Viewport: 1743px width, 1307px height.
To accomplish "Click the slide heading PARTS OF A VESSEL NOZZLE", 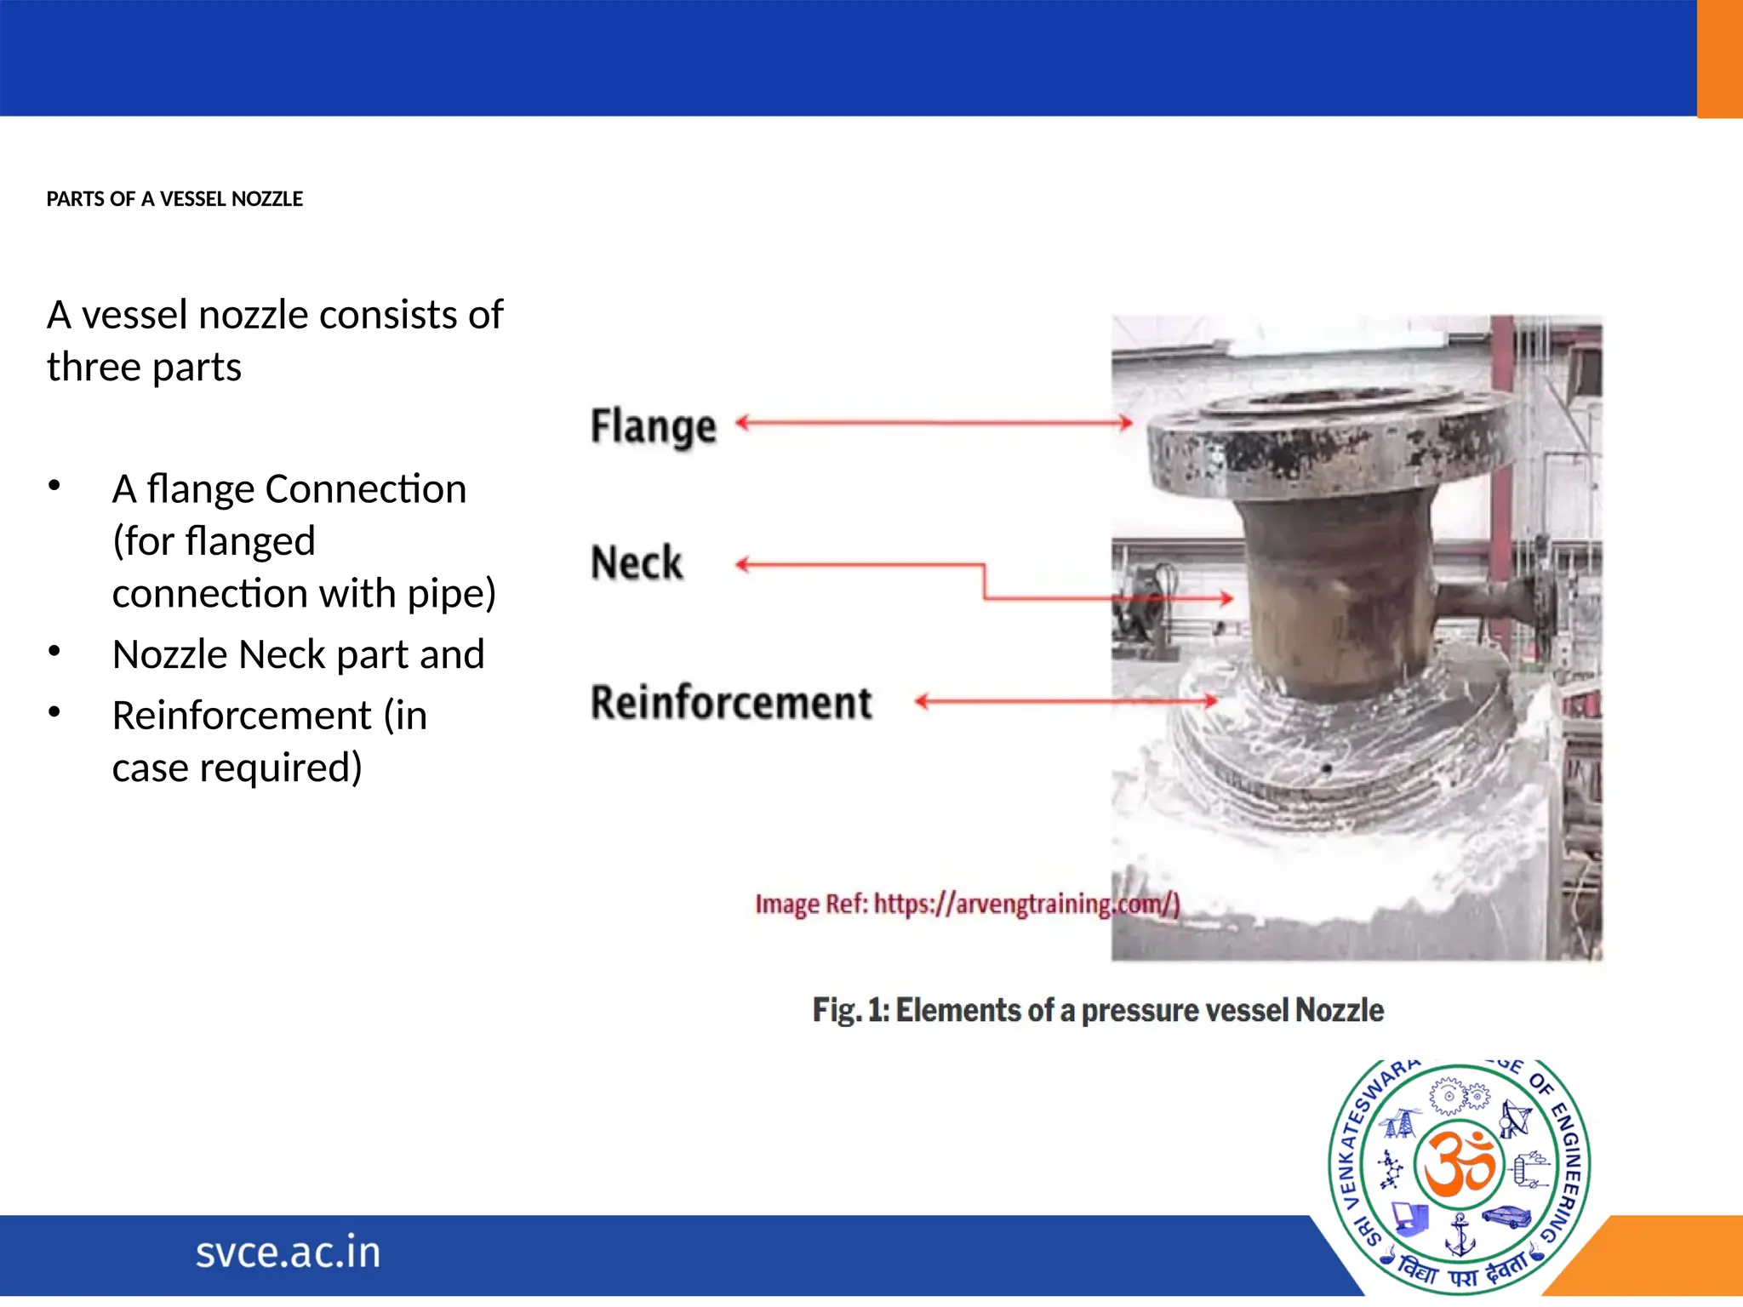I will (174, 199).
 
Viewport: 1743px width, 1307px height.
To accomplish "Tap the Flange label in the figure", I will (653, 427).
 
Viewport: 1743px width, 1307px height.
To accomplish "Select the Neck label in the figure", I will (637, 563).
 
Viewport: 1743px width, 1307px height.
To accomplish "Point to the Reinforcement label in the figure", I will (731, 703).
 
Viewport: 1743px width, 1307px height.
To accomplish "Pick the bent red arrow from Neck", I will (984, 582).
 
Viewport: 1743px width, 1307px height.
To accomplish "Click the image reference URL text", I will (967, 904).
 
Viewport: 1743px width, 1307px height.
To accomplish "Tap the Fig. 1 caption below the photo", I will (1098, 1010).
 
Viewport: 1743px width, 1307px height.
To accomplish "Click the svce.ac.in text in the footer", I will (288, 1253).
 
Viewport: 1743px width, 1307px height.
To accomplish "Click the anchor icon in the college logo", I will (1460, 1236).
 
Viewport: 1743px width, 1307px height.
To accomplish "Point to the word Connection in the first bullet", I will (365, 489).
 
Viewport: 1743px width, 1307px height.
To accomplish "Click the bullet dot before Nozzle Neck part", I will (54, 652).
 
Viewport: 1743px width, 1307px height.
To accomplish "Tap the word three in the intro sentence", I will (94, 368).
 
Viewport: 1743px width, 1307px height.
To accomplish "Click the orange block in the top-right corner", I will (1719, 58).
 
